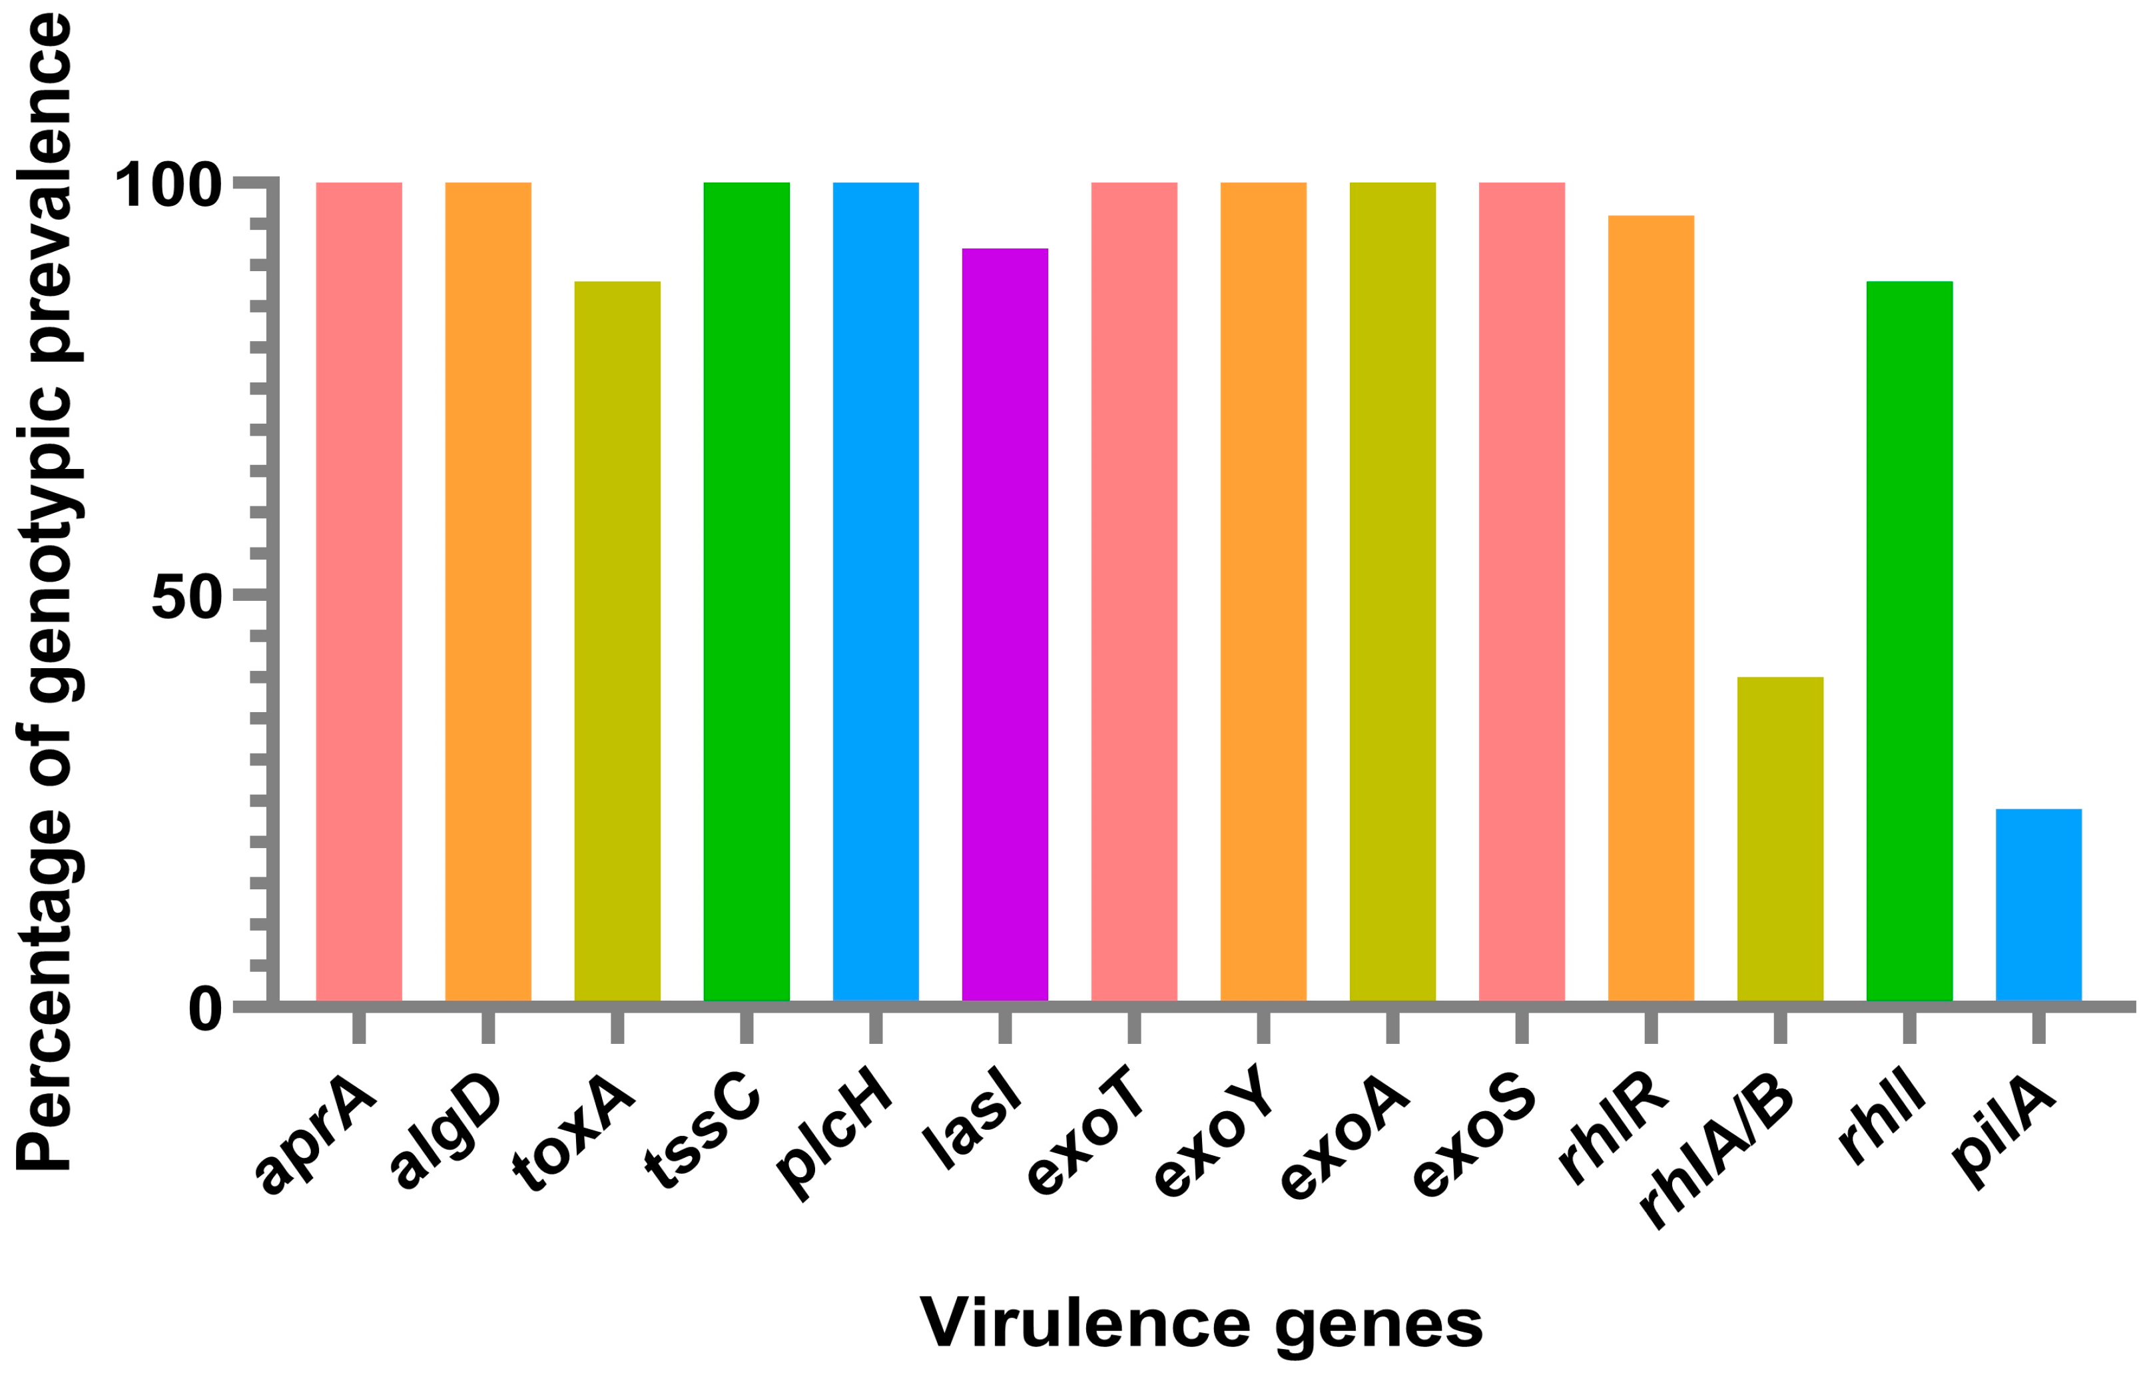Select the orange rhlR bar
(x=1650, y=608)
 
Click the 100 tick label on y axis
(x=168, y=186)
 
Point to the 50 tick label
(x=186, y=598)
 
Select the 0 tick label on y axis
(x=204, y=1011)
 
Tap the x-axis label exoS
(x=1474, y=1145)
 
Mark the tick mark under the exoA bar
(x=1392, y=1027)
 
